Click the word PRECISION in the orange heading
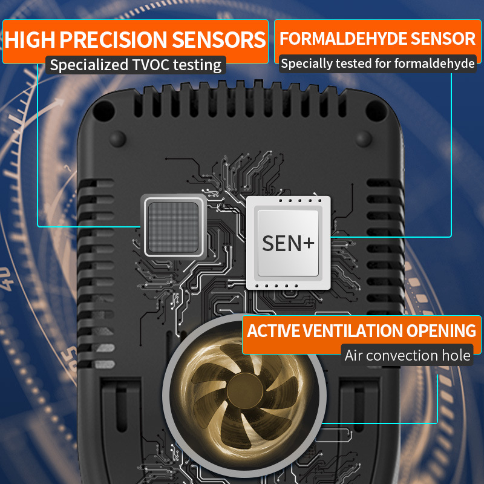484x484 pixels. [113, 39]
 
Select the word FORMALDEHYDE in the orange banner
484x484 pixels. [343, 39]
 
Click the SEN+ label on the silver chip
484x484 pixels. [288, 243]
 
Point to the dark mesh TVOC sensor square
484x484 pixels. [174, 227]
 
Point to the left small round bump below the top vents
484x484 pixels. [117, 139]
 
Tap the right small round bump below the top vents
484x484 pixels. [364, 139]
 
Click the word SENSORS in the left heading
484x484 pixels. [218, 39]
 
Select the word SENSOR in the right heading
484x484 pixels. [443, 39]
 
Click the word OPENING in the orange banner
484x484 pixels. [441, 330]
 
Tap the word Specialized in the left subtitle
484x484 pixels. [89, 65]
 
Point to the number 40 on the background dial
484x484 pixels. [6, 279]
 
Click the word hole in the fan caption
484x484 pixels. [456, 355]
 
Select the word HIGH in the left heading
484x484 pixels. [30, 39]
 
